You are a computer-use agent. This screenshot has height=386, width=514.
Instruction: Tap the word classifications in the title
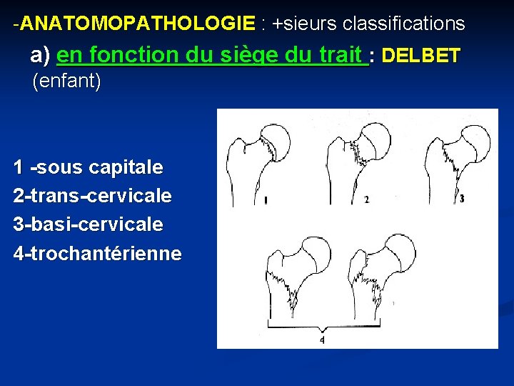pos(403,24)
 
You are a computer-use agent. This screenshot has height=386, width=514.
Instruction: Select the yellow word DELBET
pos(422,56)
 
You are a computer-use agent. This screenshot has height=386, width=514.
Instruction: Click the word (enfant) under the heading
pos(67,81)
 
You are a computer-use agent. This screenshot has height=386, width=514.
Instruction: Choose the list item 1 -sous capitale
pos(88,168)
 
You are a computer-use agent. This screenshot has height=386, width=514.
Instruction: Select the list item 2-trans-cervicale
pos(92,196)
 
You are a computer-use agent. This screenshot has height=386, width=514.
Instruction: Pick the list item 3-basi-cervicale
pos(88,224)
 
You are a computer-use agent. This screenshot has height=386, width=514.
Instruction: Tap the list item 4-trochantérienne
pos(97,253)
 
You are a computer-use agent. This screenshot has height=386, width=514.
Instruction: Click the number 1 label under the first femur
pos(266,201)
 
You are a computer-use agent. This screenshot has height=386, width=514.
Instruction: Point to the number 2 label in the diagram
pos(366,200)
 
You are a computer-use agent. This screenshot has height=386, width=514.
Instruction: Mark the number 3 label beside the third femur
pos(462,198)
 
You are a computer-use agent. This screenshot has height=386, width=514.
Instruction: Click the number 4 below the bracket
pos(322,340)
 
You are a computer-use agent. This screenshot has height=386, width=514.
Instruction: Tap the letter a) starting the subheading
pos(40,56)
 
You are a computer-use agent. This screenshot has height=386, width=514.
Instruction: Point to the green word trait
pos(342,56)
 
